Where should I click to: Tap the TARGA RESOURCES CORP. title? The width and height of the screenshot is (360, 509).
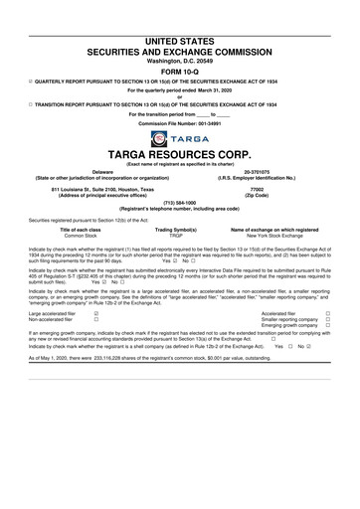coord(179,156)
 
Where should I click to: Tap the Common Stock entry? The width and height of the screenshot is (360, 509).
coord(83,235)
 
